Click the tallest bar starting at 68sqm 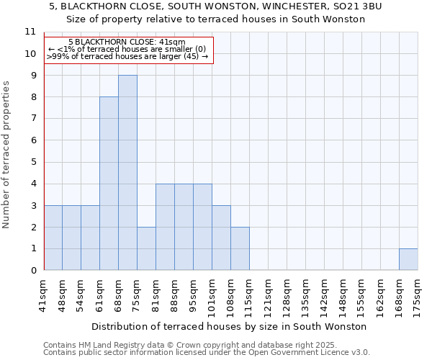pyautogui.click(x=127, y=173)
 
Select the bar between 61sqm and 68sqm pyautogui.click(x=109, y=184)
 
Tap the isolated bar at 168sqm pyautogui.click(x=408, y=259)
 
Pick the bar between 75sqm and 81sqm pyautogui.click(x=146, y=248)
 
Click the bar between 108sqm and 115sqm pyautogui.click(x=240, y=248)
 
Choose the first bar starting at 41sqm pyautogui.click(x=53, y=238)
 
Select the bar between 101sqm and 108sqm pyautogui.click(x=221, y=238)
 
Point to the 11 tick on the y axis pyautogui.click(x=30, y=32)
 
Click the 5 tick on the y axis pyautogui.click(x=33, y=162)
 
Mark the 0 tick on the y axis pyautogui.click(x=33, y=271)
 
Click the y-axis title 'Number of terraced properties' pyautogui.click(x=7, y=155)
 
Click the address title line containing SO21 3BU pyautogui.click(x=216, y=6)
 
